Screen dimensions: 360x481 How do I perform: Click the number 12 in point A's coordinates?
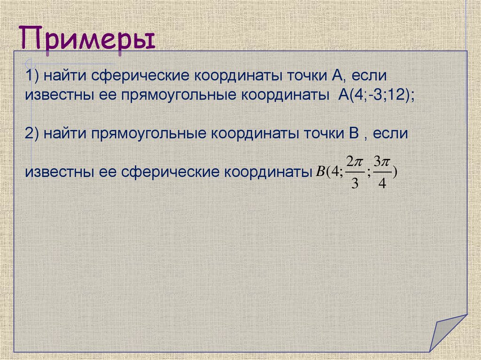(x=400, y=94)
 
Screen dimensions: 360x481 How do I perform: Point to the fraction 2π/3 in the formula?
(x=355, y=172)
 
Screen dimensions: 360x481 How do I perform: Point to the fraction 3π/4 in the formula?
(x=382, y=172)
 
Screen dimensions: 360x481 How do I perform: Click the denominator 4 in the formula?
(x=382, y=184)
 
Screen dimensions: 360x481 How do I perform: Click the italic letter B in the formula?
(x=320, y=172)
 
